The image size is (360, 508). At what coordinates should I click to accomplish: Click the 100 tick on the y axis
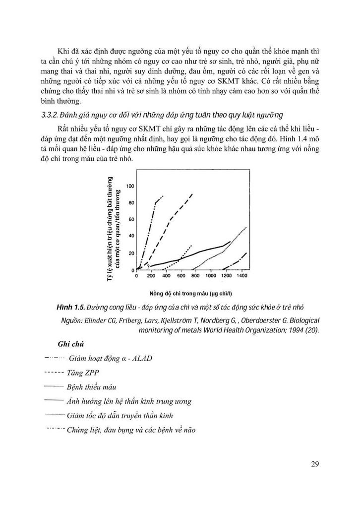(x=131, y=186)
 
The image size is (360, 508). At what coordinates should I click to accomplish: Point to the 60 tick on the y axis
(x=131, y=220)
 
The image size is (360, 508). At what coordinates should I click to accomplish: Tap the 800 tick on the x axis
(x=195, y=276)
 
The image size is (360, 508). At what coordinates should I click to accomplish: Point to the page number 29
(x=315, y=464)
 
